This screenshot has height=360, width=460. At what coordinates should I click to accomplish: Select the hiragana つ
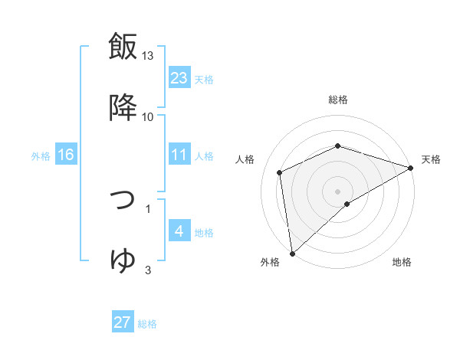pos(123,200)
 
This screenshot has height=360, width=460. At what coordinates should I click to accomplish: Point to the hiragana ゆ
pos(123,260)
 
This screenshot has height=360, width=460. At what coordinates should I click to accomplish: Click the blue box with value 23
pos(179,77)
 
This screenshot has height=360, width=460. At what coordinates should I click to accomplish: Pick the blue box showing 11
pos(179,155)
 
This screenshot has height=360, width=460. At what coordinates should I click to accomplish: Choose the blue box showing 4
pos(179,231)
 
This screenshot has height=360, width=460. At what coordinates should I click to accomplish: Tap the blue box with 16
pos(66,155)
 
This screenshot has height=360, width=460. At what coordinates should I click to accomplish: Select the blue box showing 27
pos(123,322)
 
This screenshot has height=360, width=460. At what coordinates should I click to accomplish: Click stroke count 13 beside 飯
pos(148,57)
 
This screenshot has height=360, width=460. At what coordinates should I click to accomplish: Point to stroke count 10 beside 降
pos(148,116)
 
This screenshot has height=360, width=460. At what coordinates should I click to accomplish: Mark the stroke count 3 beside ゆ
pos(148,270)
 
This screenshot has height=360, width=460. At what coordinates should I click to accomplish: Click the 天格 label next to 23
pos(204,79)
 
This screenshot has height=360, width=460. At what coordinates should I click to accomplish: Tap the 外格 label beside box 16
pos(41,155)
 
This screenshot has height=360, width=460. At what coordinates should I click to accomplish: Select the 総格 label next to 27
pos(147,324)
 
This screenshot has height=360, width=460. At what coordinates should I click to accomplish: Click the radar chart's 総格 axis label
pos(338,100)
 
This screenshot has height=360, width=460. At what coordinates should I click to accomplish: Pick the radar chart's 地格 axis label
pos(402,262)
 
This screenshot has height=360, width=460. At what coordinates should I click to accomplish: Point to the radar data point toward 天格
pos(410,168)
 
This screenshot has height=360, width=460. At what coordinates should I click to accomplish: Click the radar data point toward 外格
pos(292,253)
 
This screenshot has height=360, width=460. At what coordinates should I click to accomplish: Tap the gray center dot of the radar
pos(337,191)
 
